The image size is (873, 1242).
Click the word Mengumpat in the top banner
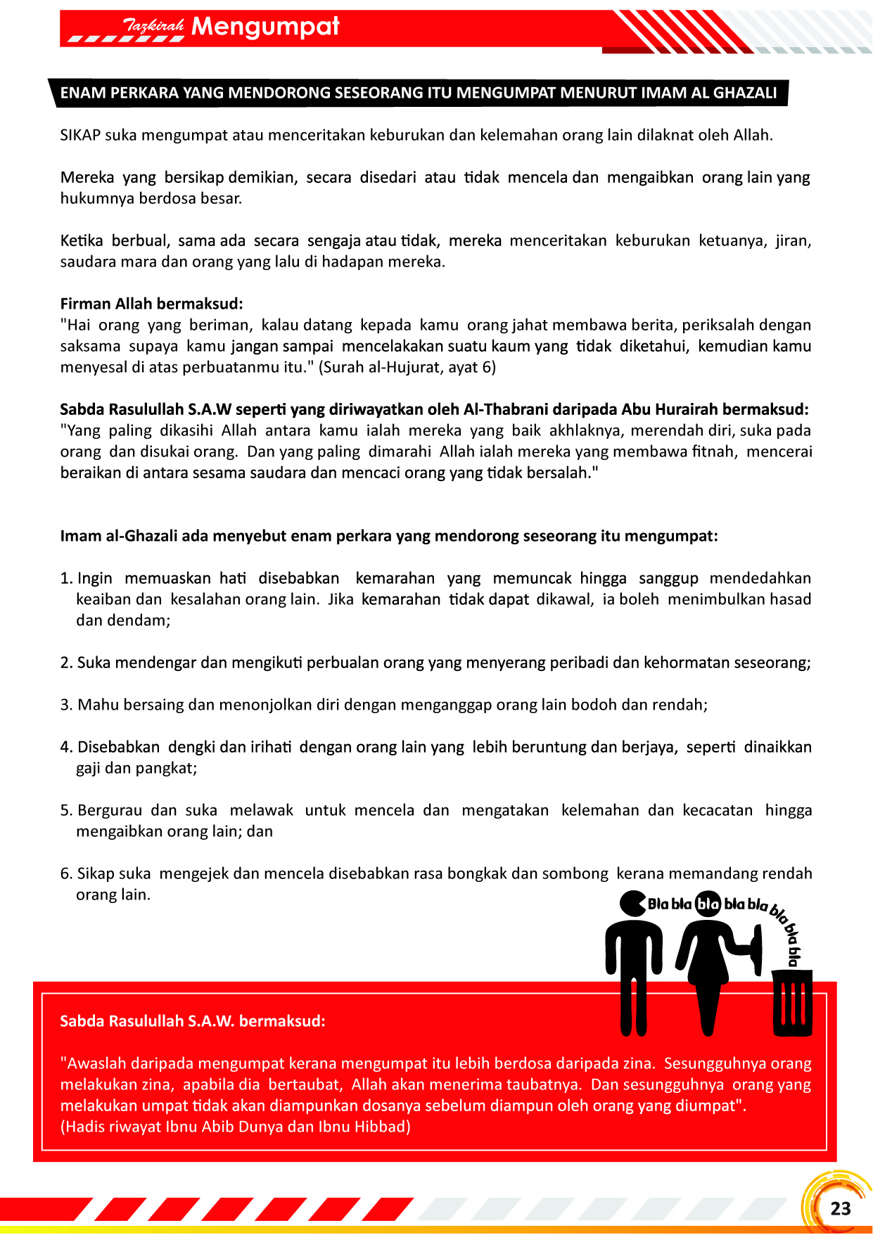click(x=265, y=27)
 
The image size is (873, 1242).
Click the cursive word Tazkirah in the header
click(x=153, y=26)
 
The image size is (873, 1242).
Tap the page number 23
click(x=840, y=1208)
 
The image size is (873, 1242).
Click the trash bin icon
click(x=792, y=1003)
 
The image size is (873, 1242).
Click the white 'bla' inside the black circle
click(x=708, y=904)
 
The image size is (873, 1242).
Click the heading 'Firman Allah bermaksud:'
click(x=151, y=304)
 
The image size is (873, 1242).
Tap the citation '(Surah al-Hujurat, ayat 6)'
click(x=407, y=367)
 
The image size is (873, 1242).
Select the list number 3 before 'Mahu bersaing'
click(x=65, y=705)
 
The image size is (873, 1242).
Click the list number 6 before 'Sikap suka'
click(x=65, y=873)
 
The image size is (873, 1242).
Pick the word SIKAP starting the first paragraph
click(x=80, y=135)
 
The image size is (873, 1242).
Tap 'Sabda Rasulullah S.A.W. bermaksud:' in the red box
click(x=193, y=1021)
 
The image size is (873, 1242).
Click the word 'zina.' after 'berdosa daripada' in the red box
click(x=639, y=1063)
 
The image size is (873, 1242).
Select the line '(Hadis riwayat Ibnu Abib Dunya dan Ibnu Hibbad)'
click(x=236, y=1127)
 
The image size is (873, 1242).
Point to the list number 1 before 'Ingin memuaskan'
click(x=65, y=578)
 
